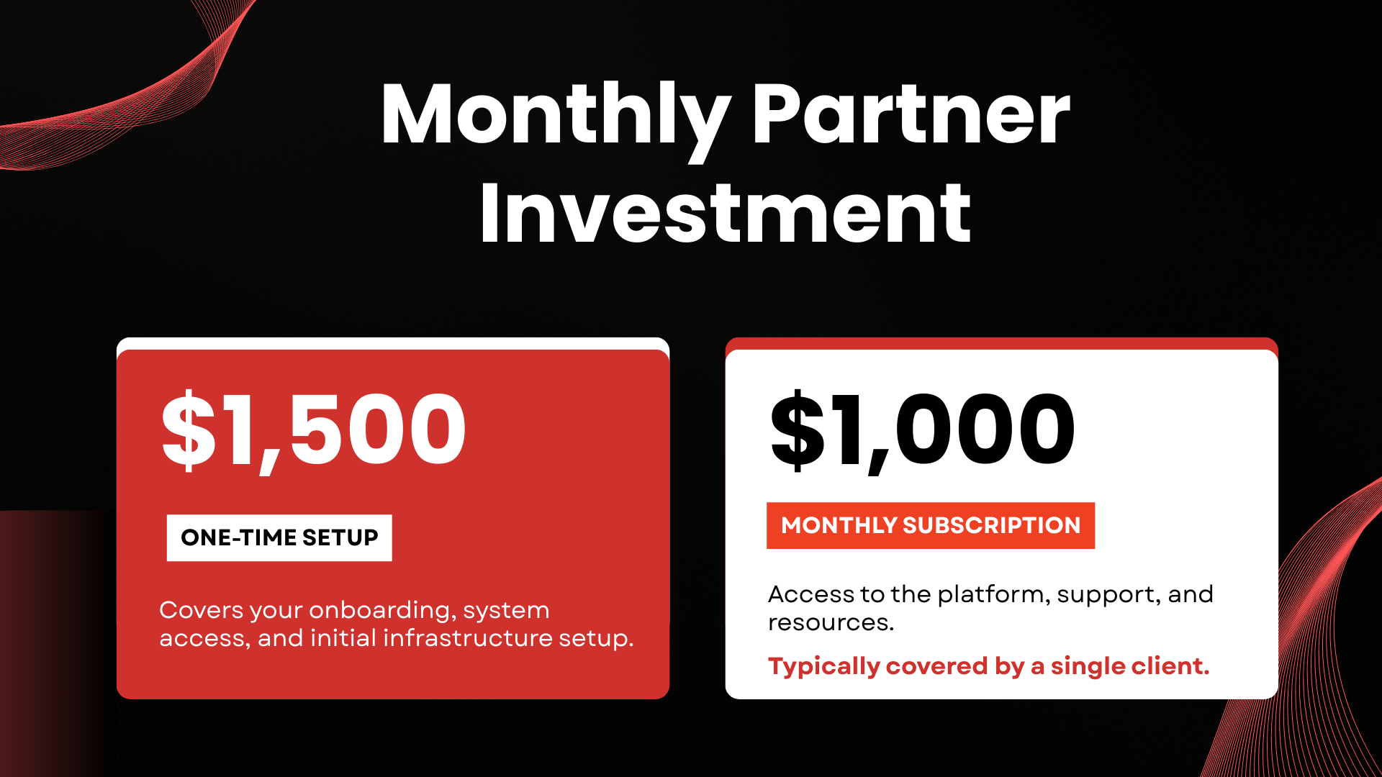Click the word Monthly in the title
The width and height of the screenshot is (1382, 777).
[556, 119]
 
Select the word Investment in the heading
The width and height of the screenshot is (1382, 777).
[726, 213]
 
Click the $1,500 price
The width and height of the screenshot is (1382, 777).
[314, 430]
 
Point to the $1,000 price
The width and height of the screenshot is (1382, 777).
[923, 430]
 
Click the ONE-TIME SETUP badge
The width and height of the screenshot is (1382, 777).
[279, 537]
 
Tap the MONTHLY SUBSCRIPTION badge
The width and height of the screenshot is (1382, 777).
[931, 525]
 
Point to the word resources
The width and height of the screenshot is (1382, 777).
[831, 623]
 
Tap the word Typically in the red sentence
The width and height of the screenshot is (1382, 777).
[824, 667]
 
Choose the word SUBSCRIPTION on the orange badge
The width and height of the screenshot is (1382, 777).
[992, 525]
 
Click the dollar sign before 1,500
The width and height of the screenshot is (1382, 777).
[189, 430]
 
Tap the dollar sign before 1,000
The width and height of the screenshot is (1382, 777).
[798, 430]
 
